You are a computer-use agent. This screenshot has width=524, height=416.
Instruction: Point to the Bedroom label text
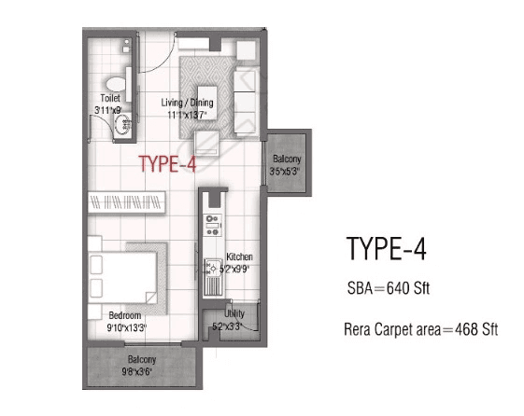[x=124, y=314]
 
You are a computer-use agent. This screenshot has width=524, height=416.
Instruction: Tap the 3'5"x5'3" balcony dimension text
[x=284, y=171]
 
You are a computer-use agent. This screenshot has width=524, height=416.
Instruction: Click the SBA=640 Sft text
[x=381, y=289]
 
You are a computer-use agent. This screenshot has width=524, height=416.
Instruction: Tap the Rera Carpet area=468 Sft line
[x=413, y=330]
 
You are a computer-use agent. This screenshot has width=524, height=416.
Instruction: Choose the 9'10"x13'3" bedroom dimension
[x=124, y=326]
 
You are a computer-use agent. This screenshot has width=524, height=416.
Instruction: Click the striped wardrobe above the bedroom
[x=128, y=201]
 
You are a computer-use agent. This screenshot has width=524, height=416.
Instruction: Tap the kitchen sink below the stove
[x=212, y=267]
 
